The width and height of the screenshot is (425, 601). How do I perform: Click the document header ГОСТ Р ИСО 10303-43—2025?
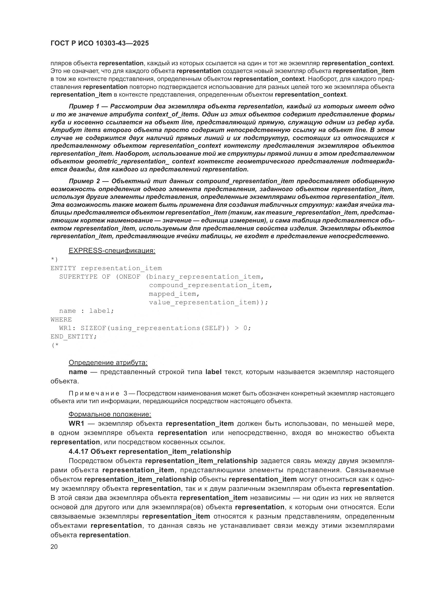point(99,43)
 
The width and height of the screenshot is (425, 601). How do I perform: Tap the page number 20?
point(54,547)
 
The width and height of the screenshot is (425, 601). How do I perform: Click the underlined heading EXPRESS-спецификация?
point(112,251)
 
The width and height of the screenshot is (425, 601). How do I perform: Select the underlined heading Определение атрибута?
point(108,363)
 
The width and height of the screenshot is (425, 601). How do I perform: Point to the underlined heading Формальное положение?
point(110,414)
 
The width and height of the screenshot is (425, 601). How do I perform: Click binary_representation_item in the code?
point(205,277)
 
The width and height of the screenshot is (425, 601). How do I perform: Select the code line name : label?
point(86,311)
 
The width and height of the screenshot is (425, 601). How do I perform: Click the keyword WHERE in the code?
point(61,320)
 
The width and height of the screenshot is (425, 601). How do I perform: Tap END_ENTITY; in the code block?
point(73,337)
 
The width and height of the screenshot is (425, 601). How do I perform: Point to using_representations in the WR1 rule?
point(155,328)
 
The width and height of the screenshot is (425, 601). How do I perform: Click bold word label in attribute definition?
point(214,372)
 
